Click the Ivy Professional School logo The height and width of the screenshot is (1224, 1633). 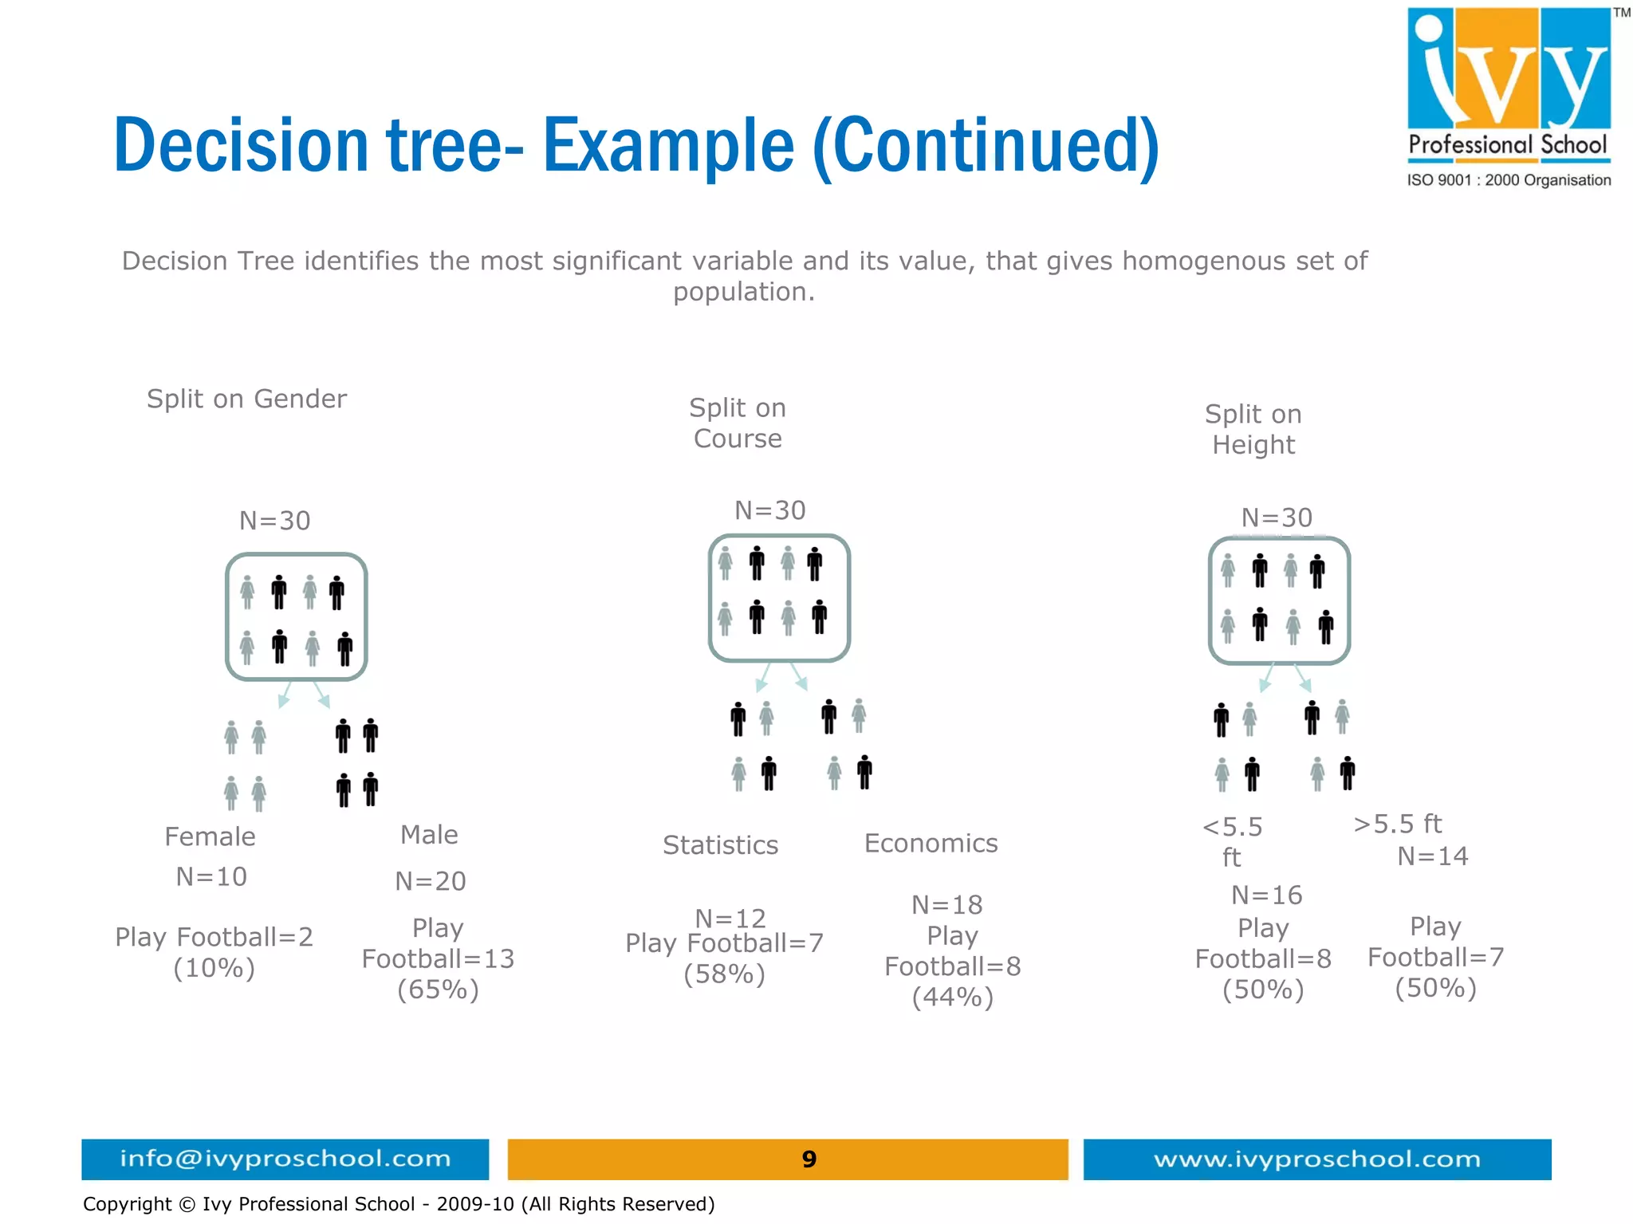1509,96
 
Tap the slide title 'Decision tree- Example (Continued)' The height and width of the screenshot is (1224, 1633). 635,146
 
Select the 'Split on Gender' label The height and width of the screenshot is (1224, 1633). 246,399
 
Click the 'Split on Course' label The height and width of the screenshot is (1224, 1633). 738,423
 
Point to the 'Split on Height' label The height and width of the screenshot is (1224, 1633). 1253,430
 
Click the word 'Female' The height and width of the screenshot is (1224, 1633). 210,836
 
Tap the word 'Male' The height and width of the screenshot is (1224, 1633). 429,835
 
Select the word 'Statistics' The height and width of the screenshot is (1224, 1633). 720,845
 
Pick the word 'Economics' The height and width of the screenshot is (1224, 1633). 931,844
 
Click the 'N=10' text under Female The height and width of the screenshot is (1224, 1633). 211,877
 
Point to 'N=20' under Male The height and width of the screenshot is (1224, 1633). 431,881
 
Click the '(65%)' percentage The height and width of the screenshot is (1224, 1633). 438,990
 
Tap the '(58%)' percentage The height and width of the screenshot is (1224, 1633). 724,974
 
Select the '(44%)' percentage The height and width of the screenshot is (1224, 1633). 952,998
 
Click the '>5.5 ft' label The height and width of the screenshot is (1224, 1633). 1397,824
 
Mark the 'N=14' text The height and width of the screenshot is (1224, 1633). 1433,856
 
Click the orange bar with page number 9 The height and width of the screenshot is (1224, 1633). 788,1159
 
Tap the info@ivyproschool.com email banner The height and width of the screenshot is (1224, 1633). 285,1159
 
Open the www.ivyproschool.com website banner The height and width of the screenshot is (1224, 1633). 1316,1159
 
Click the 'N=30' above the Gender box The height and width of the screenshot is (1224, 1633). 275,521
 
